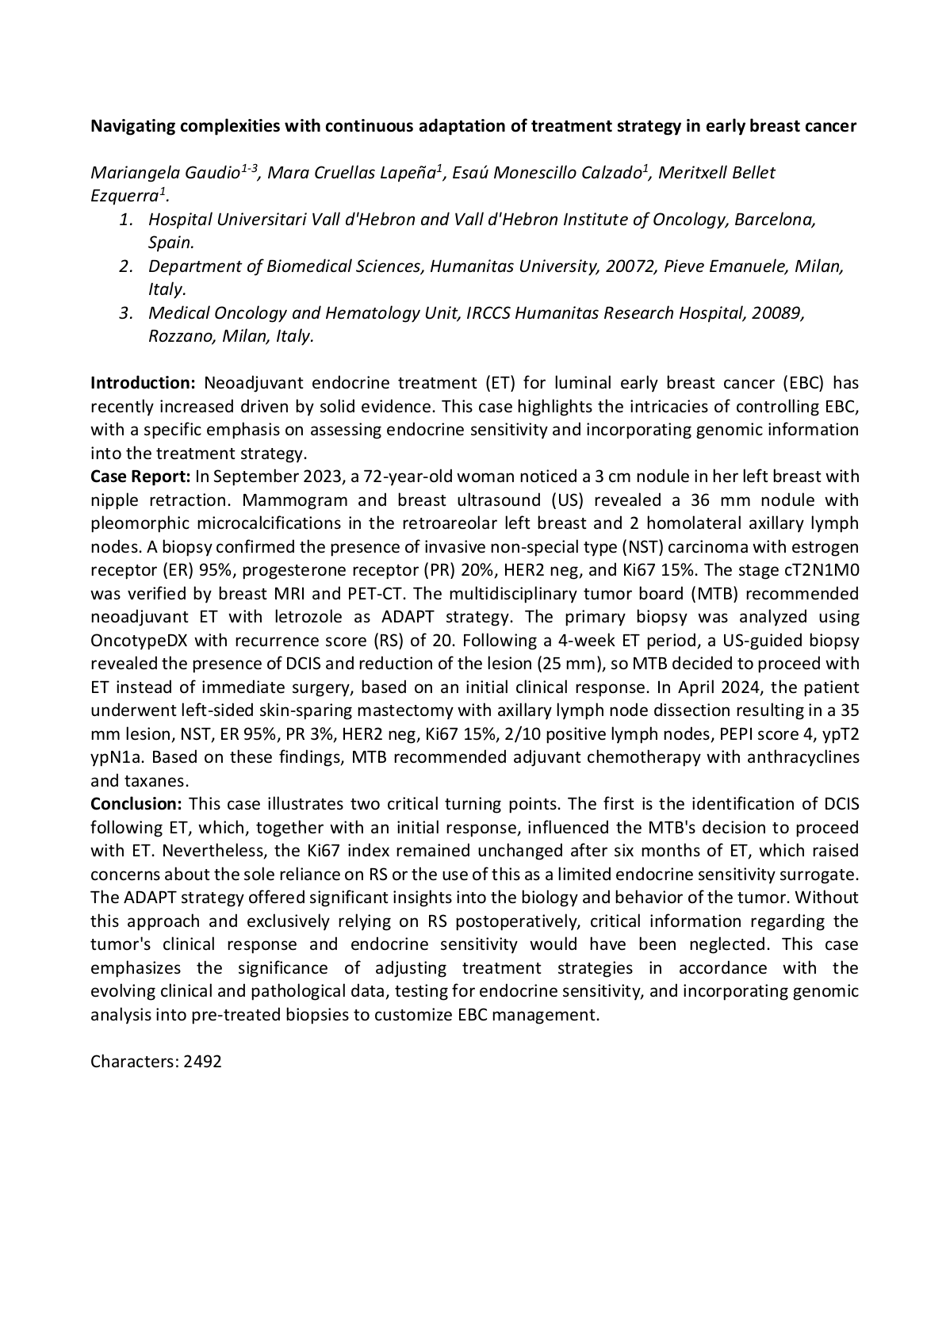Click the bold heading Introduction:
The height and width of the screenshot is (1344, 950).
143,384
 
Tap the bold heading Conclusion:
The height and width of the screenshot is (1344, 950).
136,805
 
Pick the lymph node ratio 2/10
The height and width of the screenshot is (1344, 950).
520,734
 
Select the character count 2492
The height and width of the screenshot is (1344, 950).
202,1062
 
